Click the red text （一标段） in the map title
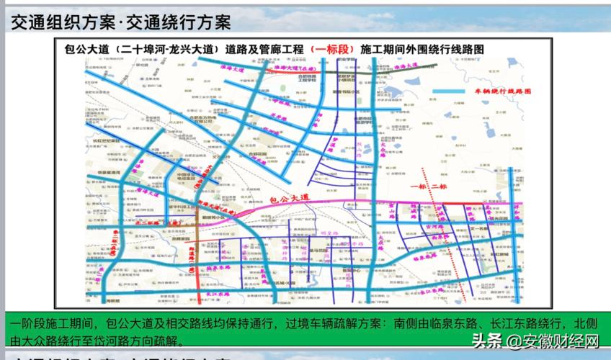point(331,48)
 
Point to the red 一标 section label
point(419,186)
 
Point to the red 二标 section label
point(440,186)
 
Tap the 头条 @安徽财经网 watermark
point(536,340)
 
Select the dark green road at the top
point(346,72)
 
